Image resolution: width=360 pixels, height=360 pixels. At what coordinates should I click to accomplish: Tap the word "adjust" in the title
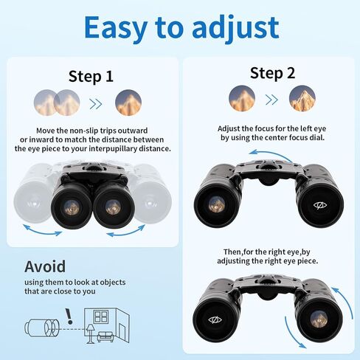point(235,27)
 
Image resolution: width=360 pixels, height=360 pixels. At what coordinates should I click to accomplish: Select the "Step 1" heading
point(91,76)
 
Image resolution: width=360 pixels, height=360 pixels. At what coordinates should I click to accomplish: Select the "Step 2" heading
point(271,72)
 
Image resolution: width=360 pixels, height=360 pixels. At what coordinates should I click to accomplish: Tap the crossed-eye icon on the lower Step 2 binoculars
point(215,319)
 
